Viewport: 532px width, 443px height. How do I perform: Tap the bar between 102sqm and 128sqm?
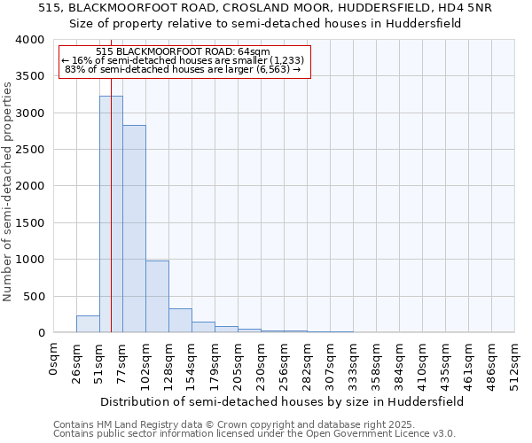coord(157,297)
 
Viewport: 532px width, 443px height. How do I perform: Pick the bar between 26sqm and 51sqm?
coord(88,324)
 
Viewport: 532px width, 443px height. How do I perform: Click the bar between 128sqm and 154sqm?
coord(180,321)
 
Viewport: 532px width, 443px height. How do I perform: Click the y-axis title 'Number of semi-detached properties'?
coord(8,190)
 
